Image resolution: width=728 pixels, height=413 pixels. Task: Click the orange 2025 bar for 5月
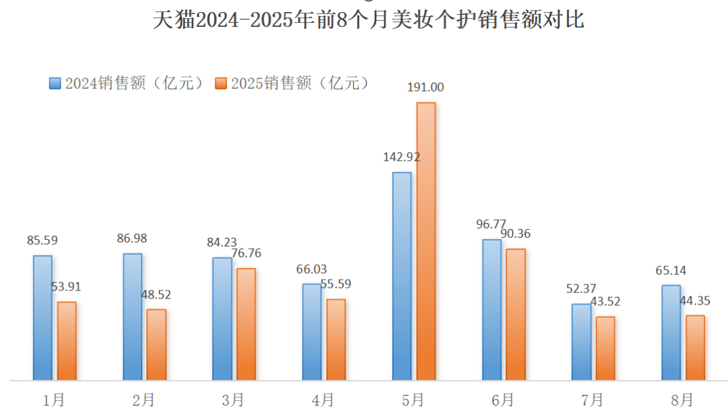click(426, 241)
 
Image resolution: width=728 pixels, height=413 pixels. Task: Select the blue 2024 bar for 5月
click(402, 276)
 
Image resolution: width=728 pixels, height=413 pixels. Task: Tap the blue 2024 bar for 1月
click(42, 317)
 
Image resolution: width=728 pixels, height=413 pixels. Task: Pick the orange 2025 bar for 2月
click(156, 344)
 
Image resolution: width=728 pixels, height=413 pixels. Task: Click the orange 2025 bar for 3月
click(246, 324)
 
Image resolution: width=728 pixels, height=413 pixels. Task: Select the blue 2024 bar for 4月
click(312, 331)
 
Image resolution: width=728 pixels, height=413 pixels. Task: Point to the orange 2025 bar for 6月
click(516, 314)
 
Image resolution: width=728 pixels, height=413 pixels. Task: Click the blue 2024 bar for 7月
click(581, 342)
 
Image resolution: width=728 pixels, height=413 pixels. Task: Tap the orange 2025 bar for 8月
click(695, 347)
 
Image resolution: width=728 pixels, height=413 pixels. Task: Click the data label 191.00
click(425, 87)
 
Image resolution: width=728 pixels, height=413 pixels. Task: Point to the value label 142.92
click(401, 157)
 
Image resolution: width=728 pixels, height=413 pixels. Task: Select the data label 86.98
click(131, 239)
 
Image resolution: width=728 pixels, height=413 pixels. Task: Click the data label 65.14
click(671, 271)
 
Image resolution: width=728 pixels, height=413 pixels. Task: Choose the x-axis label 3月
click(233, 400)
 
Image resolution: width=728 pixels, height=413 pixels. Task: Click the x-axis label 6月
click(503, 400)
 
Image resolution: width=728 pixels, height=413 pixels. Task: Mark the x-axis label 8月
click(682, 400)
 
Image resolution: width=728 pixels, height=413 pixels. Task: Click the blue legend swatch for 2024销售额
click(55, 83)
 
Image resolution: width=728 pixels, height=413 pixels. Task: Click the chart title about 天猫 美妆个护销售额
click(368, 20)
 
